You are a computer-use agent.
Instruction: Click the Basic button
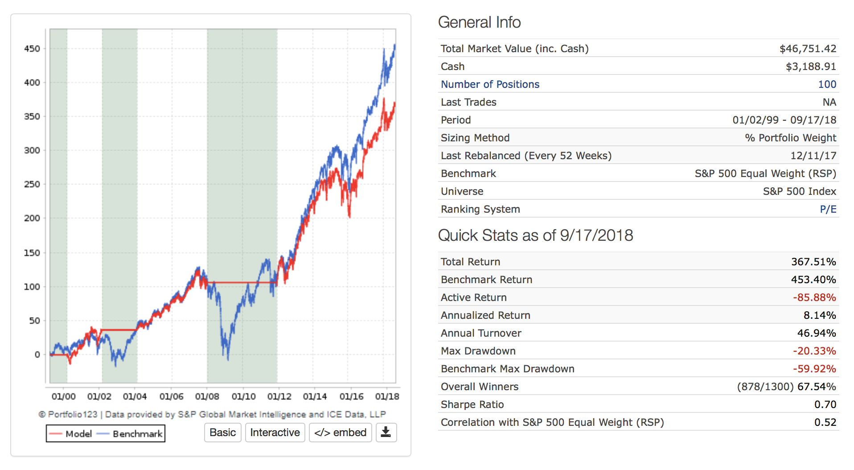(222, 433)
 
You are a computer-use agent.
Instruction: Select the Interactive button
(275, 433)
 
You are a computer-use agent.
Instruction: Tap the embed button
(340, 433)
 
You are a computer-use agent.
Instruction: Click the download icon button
(386, 433)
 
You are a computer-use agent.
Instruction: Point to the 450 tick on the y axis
(32, 49)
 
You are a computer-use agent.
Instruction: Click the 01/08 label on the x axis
(207, 396)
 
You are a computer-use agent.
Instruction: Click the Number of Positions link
(490, 84)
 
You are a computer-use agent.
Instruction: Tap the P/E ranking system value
(828, 209)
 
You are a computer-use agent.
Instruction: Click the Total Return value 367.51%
(813, 262)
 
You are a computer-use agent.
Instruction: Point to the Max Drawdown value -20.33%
(814, 351)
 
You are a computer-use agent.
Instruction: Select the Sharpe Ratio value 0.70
(825, 404)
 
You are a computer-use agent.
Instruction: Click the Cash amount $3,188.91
(811, 66)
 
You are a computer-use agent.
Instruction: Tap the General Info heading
(479, 22)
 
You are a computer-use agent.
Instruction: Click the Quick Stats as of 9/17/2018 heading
(535, 235)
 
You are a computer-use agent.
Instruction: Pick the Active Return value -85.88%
(814, 297)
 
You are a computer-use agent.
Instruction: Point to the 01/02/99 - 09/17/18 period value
(784, 120)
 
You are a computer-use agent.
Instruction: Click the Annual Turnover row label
(481, 333)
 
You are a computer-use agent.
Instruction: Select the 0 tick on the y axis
(37, 355)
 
